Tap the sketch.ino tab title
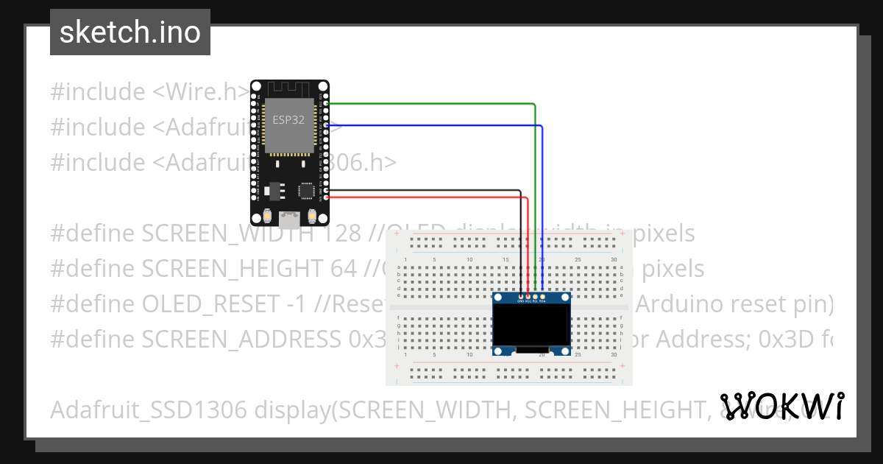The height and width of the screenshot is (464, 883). [x=130, y=32]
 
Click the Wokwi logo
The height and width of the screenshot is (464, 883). [x=781, y=406]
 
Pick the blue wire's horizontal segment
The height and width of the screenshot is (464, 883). [x=434, y=126]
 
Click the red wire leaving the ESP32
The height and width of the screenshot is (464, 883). [x=427, y=197]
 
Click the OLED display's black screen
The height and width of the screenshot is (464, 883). [x=531, y=325]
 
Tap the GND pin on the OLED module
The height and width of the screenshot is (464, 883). [x=521, y=296]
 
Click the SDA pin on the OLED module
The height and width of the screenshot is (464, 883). [x=542, y=296]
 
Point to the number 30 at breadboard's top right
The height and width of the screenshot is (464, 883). [x=613, y=259]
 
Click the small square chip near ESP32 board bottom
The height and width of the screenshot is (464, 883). [x=305, y=190]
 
